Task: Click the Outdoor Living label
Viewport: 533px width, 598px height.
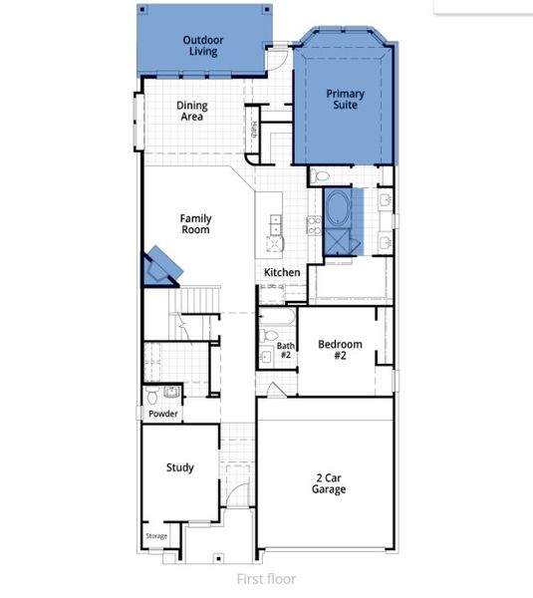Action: [202, 45]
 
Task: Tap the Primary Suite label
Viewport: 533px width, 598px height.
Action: [346, 100]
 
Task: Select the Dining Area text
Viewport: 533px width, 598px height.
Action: [191, 112]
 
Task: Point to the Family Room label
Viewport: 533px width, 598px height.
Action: [195, 223]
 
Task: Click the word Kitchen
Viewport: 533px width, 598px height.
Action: [282, 272]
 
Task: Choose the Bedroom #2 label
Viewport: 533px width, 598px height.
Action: [339, 350]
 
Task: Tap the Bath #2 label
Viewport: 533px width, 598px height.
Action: [285, 350]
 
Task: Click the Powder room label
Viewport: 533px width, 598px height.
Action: [162, 414]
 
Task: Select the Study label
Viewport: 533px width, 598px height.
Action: [179, 467]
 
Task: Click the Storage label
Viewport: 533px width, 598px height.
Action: [157, 536]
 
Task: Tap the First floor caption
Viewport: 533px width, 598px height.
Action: [266, 578]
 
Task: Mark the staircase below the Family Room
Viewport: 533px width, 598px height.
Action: [195, 298]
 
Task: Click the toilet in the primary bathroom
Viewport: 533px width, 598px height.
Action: [320, 176]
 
